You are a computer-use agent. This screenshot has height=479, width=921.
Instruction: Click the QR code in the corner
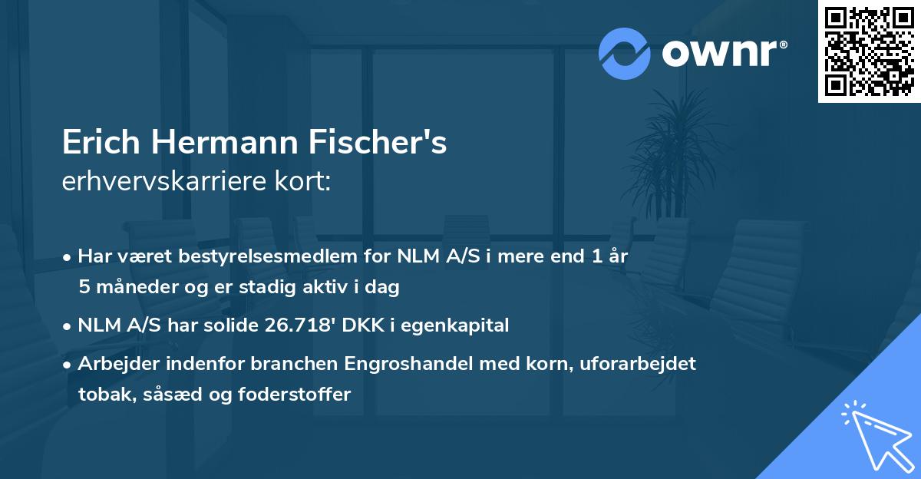click(x=870, y=51)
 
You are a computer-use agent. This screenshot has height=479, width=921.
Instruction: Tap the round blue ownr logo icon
click(x=624, y=54)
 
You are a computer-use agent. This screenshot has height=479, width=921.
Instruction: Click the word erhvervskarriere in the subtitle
click(x=153, y=182)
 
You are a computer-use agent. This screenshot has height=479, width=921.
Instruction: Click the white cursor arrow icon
click(x=875, y=434)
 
